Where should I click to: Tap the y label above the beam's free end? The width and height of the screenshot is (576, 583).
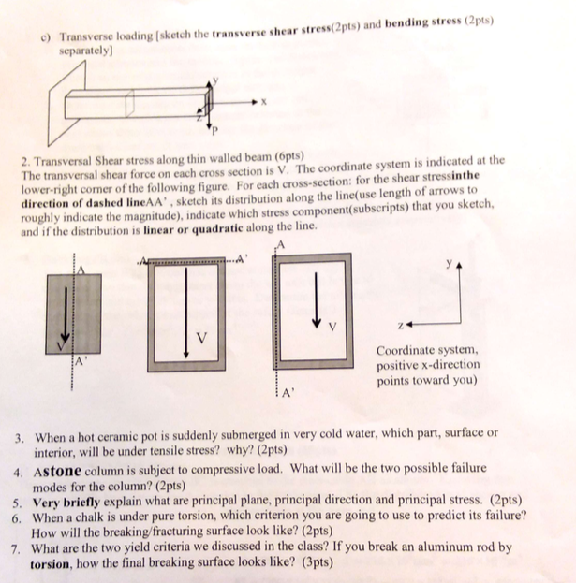coord(213,80)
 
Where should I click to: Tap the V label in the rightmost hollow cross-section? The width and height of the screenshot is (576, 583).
coord(330,328)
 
